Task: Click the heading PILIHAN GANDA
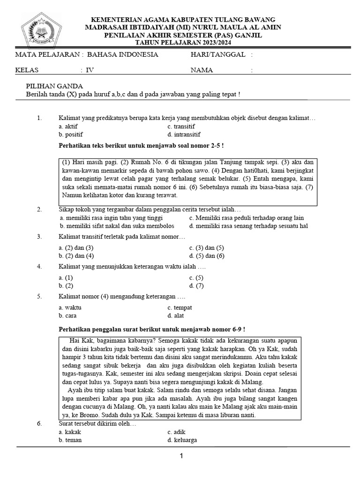[x=54, y=86]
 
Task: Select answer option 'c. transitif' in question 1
[x=181, y=127]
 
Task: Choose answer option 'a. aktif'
[x=68, y=127]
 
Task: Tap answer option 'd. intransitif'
[x=184, y=135]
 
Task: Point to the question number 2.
[x=40, y=209]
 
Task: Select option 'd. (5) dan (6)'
[x=207, y=255]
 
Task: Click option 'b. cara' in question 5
[x=67, y=315]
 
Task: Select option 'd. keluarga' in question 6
[x=182, y=440]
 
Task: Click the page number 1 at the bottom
[x=181, y=456]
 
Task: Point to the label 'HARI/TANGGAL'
[x=218, y=55]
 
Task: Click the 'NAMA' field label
[x=202, y=70]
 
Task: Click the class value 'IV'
[x=90, y=70]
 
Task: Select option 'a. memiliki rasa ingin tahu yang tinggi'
[x=111, y=218]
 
